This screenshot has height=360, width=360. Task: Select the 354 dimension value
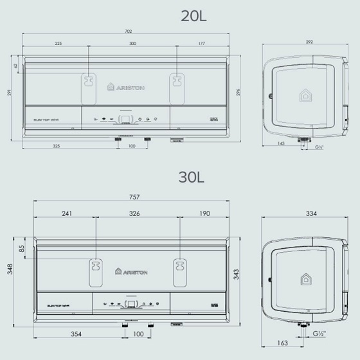[76, 335]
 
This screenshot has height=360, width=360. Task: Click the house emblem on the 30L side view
[305, 278]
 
